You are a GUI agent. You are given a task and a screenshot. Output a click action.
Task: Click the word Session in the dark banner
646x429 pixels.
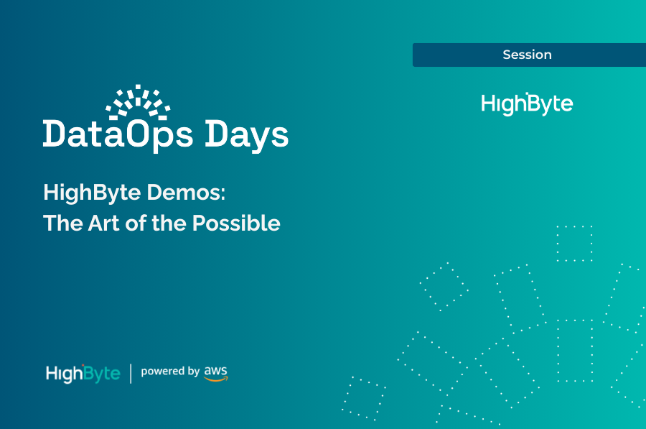(x=527, y=55)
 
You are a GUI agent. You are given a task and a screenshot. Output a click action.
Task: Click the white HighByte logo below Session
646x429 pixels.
(x=527, y=103)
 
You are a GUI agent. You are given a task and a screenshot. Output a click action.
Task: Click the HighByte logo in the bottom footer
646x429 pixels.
(x=83, y=373)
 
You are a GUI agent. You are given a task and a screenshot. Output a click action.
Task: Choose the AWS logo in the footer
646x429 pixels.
(x=215, y=372)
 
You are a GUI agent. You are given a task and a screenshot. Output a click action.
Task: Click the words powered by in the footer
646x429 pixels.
(x=170, y=372)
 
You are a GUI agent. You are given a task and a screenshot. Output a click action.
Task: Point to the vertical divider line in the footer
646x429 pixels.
(x=131, y=373)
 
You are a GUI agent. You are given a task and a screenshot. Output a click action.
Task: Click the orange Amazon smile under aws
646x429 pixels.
(x=215, y=379)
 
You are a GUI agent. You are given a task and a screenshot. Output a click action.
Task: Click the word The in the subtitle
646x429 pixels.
(x=61, y=223)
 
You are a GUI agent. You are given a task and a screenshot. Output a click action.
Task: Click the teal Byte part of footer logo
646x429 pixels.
(x=103, y=373)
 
